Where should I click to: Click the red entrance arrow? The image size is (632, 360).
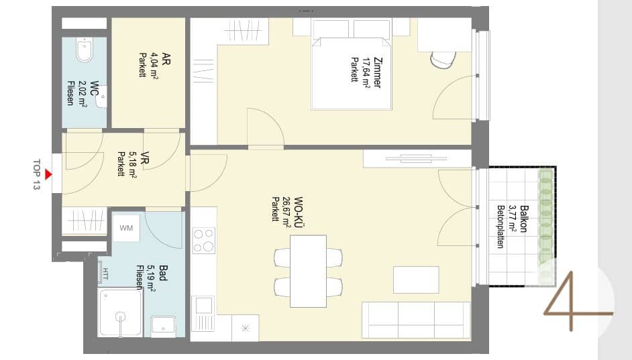pos(48,174)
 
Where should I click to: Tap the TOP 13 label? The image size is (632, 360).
pos(37,175)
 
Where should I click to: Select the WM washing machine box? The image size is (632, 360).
pos(126,228)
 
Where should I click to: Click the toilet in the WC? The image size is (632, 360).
pos(85,50)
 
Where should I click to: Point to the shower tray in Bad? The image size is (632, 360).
pos(121,312)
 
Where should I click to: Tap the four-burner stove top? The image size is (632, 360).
pos(204,240)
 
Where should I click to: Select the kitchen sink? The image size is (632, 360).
pos(204,313)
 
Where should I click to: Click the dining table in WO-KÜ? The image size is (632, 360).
pos(308,272)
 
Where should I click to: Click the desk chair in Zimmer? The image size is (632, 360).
pos(443,60)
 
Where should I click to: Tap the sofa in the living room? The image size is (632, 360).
pos(417,320)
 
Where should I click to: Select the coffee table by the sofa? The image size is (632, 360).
pos(416,280)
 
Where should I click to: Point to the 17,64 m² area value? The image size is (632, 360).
pos(366,72)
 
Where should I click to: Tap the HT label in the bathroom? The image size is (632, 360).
pos(105,274)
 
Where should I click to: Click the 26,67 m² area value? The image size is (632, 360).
pos(286,213)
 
